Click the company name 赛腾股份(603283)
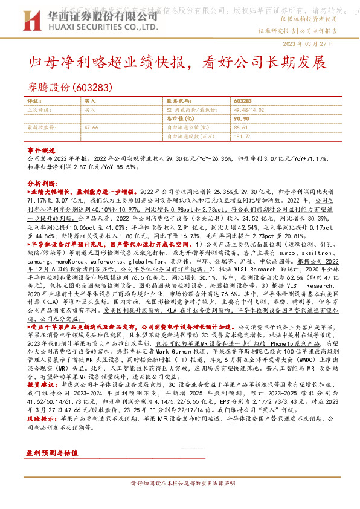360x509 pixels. point(70,87)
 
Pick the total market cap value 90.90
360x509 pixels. point(240,119)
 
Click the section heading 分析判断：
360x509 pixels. point(43,182)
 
